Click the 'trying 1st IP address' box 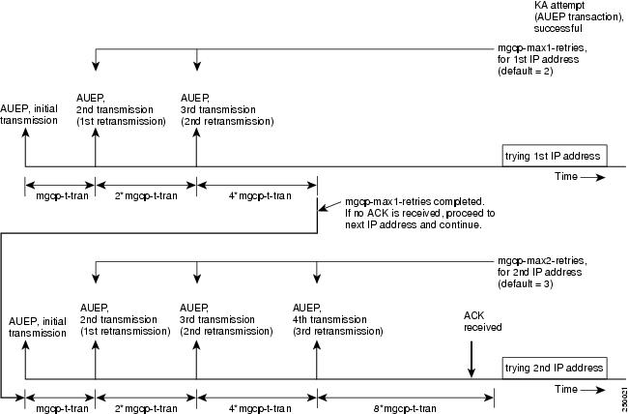coord(555,156)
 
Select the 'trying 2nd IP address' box coord(555,368)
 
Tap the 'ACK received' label coord(482,321)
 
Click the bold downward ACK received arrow coord(472,360)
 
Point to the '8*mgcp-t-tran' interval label coord(404,409)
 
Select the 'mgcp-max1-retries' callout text coord(542,59)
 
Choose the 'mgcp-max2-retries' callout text coord(542,272)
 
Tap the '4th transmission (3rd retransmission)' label coord(338,319)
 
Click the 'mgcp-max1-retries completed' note coord(420,213)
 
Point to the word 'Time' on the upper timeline coord(566,176)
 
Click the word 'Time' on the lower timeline coord(566,389)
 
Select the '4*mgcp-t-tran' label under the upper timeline coord(260,196)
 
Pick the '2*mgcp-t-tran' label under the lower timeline coord(146,409)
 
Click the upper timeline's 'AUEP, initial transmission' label coord(29,114)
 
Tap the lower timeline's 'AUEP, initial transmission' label coord(38,327)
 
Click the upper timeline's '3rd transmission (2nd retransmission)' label coord(227,109)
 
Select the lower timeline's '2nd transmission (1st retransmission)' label coord(126,319)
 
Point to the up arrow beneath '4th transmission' coord(317,360)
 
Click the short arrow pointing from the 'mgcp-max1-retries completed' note coord(329,206)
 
